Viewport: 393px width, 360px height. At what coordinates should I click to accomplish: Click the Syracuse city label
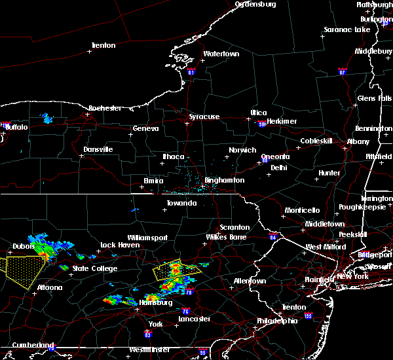(x=204, y=117)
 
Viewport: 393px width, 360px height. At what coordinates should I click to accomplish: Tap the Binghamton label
(x=224, y=180)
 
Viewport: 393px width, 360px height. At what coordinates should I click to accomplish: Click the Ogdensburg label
(x=255, y=4)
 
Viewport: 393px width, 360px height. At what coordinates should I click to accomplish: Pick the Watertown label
(x=221, y=54)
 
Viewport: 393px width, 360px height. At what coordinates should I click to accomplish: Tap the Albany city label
(x=358, y=141)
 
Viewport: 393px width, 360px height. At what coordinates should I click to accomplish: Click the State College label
(x=95, y=268)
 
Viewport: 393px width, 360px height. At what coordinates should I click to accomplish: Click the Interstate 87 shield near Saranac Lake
(x=342, y=71)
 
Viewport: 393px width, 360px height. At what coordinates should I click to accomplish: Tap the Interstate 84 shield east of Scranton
(x=272, y=237)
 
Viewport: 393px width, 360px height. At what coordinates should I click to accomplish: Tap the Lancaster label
(x=195, y=319)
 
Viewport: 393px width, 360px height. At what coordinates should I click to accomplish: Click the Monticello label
(x=301, y=210)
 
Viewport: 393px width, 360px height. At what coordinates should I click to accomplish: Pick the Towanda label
(x=181, y=203)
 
